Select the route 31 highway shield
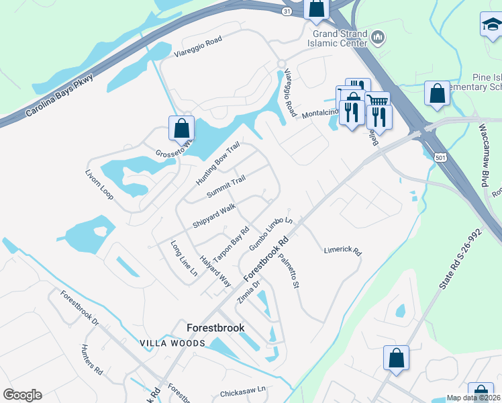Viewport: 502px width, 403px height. point(287,12)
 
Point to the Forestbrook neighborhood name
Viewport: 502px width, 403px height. point(215,328)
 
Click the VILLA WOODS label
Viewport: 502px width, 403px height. point(172,343)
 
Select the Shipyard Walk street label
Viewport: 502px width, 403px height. point(213,216)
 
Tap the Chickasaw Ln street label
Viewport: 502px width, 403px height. point(243,389)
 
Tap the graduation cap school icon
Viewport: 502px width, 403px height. point(491,26)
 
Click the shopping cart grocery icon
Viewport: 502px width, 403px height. point(379,100)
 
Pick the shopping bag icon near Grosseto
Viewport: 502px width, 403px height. point(181,128)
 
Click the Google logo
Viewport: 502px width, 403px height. point(22,395)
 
